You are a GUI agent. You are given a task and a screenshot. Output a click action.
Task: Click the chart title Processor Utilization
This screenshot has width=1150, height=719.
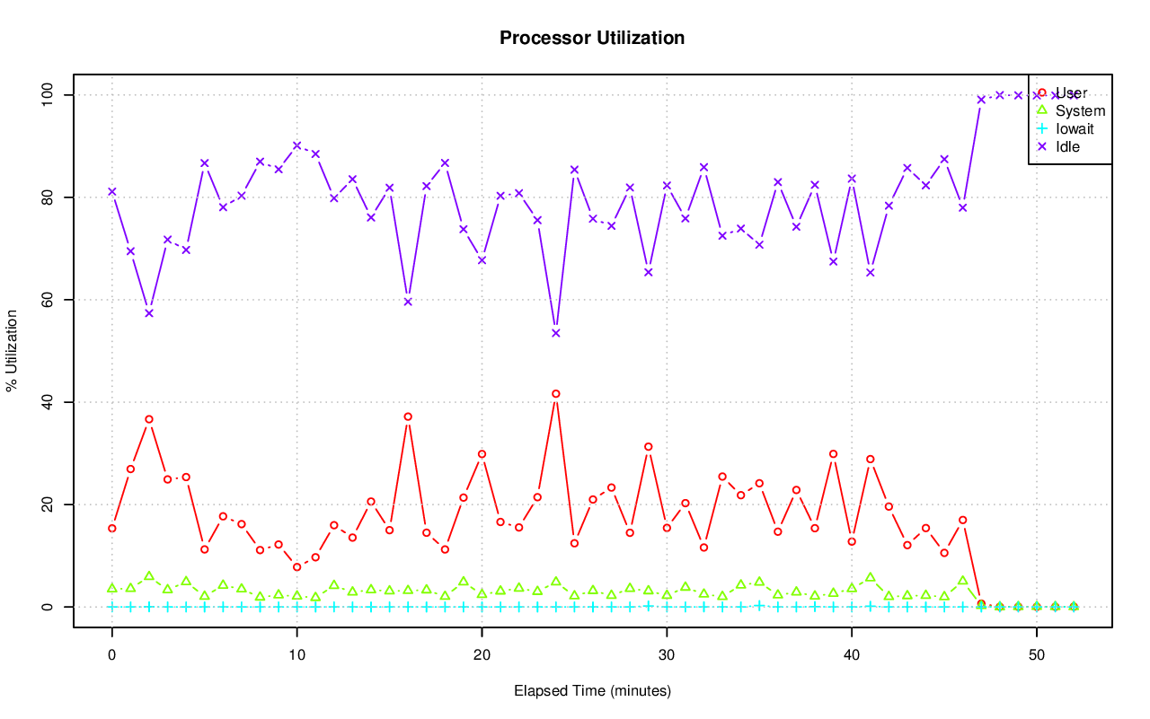coord(592,38)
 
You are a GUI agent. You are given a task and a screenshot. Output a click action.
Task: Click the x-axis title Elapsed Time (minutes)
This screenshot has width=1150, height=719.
coord(592,691)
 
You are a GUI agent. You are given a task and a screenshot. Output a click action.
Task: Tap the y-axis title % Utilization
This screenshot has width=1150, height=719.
coord(12,350)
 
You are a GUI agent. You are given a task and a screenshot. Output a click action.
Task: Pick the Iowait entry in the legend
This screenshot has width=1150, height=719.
coord(1075,128)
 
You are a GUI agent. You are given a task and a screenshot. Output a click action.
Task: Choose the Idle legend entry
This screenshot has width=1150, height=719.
coord(1067,146)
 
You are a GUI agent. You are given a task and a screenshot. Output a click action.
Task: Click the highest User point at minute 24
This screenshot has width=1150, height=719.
coord(556,394)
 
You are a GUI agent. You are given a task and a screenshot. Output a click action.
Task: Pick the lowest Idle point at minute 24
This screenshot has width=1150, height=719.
coord(556,333)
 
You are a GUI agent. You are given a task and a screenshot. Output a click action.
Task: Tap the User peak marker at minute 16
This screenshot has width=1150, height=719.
coord(408,416)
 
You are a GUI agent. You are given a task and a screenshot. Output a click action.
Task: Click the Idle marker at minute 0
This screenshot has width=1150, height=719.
coord(112,191)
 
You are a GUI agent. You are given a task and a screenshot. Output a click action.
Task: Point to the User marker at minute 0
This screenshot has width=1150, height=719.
coord(112,528)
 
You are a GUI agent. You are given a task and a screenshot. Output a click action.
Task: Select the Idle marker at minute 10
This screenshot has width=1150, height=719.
coord(296,145)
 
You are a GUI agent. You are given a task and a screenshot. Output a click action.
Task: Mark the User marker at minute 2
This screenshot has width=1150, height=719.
coord(149,419)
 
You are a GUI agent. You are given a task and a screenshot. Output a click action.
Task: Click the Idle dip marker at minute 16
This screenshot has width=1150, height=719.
coord(408,302)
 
